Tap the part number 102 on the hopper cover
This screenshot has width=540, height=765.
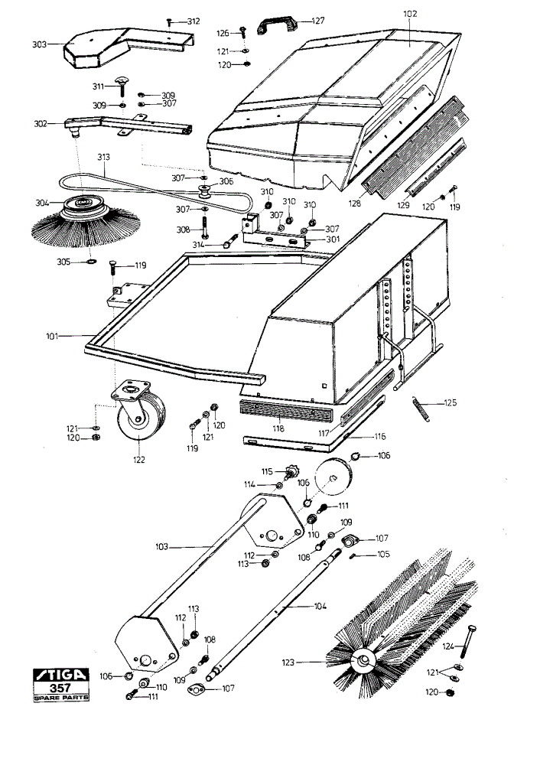[410, 14]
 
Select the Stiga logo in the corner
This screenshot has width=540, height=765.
[61, 675]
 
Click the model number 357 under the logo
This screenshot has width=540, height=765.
[60, 688]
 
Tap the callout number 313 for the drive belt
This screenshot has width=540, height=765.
[103, 157]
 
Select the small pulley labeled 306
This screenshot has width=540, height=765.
[204, 191]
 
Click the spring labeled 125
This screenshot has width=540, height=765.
[421, 409]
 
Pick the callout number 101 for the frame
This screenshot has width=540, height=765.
[52, 336]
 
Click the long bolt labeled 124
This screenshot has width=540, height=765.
[467, 641]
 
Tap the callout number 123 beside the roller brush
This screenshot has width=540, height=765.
[288, 662]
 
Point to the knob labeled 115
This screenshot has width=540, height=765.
[291, 472]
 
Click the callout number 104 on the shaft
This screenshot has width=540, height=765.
[320, 606]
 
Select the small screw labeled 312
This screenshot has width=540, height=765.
[169, 21]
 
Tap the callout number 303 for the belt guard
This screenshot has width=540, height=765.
[39, 44]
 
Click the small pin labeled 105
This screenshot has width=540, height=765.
[355, 555]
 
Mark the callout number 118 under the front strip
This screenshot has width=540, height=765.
[278, 428]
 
